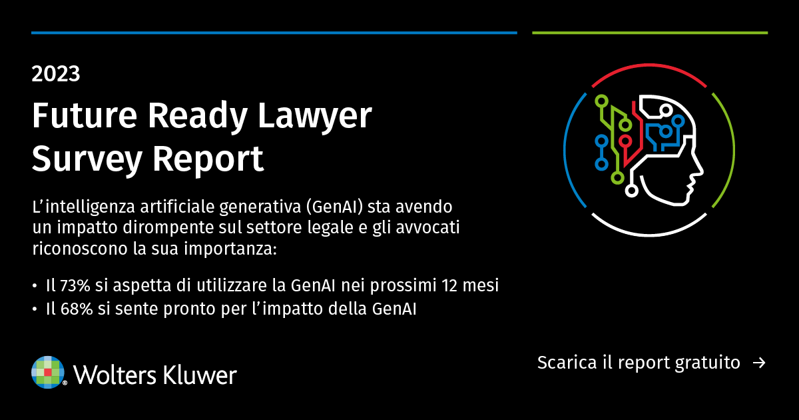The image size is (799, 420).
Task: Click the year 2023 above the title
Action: point(56,73)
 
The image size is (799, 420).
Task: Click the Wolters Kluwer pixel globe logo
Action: point(48,372)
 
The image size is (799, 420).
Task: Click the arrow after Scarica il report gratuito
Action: point(758,363)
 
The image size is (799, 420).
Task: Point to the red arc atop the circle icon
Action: point(649,77)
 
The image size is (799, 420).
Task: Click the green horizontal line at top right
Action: point(650,33)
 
